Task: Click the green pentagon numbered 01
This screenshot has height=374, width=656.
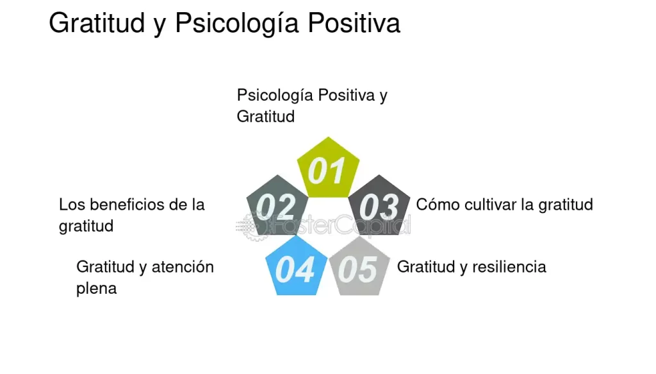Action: [327, 169]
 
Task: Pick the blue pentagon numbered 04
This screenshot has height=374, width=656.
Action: [295, 268]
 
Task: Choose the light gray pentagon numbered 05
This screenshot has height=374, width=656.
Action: [358, 268]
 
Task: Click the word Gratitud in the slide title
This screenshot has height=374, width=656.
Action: [97, 24]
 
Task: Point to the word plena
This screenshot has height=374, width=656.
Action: [96, 288]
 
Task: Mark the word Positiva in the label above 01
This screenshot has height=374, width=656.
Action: [346, 96]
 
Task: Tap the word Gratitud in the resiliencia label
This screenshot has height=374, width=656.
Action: [425, 267]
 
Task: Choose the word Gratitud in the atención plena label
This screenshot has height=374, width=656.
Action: [104, 267]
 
